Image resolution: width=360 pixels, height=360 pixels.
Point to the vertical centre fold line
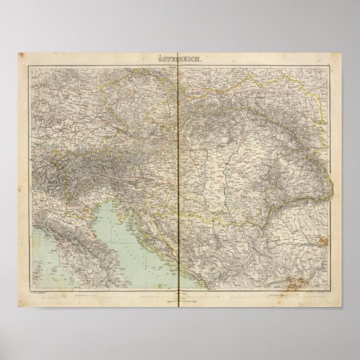tap(179, 170)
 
